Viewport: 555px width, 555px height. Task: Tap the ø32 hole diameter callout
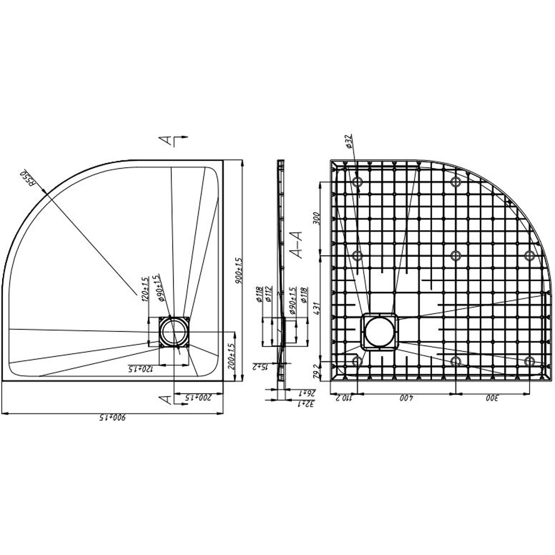(x=349, y=143)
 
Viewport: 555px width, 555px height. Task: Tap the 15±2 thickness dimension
(x=260, y=366)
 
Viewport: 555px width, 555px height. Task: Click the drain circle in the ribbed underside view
(x=379, y=331)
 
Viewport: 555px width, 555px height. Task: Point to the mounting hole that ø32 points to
(x=357, y=181)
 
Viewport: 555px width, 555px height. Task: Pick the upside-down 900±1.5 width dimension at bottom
(x=111, y=417)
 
